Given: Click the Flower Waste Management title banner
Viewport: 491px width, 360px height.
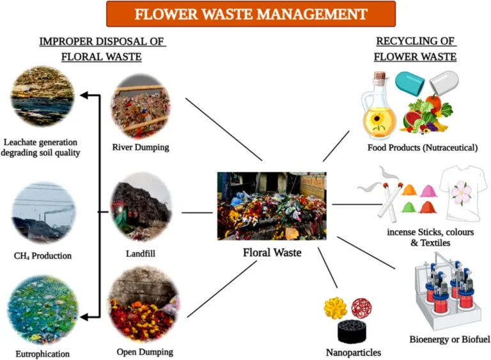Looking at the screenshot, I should pyautogui.click(x=251, y=13).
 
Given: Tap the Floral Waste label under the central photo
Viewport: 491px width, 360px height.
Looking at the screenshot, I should pyautogui.click(x=272, y=253).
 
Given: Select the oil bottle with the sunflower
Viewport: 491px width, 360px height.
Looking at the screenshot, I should pyautogui.click(x=380, y=109).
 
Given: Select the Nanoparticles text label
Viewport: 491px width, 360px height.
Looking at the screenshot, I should pyautogui.click(x=354, y=352).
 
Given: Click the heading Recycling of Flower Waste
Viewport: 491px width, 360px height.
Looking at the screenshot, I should pyautogui.click(x=415, y=49).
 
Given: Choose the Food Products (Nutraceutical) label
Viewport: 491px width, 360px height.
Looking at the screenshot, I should pyautogui.click(x=423, y=148).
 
